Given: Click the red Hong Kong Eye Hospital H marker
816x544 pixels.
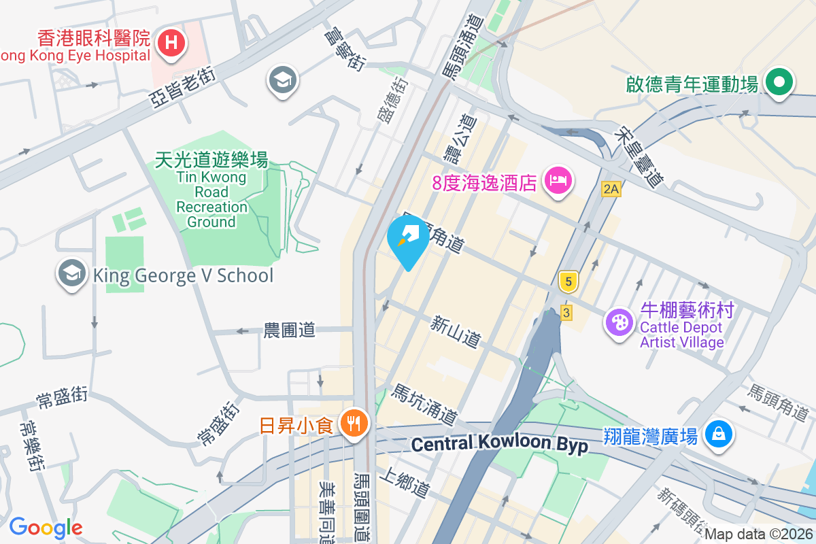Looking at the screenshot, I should pos(171,44).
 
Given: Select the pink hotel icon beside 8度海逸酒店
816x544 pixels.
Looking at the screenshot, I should pos(558,181).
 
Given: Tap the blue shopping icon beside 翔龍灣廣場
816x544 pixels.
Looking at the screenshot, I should pos(718,433).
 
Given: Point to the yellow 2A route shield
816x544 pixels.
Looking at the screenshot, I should pos(611,189).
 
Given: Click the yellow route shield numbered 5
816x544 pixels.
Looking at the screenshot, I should pos(567,280).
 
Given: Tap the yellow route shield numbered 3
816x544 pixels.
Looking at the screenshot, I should pos(566,313).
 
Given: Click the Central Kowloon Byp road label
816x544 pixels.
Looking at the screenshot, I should pos(500,444).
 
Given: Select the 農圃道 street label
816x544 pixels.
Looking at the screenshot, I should pos(290,330).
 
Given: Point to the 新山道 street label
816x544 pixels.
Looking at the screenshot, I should pos(456,331).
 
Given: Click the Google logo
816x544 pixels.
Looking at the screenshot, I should pos(46,528).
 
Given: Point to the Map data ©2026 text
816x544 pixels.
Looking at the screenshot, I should pos(759,534).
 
